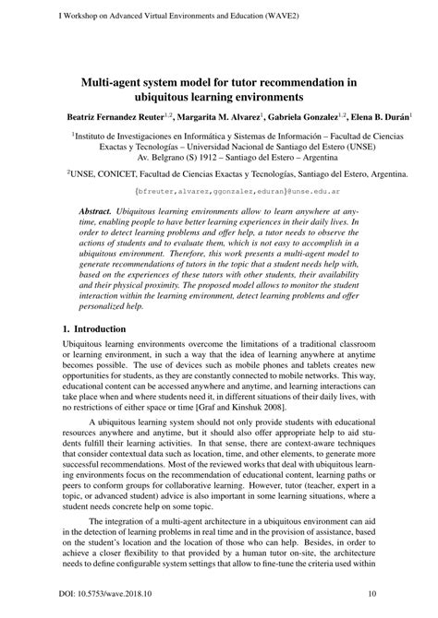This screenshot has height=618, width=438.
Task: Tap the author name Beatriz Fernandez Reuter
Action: [x=115, y=117]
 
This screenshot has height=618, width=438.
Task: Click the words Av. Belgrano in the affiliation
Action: [x=159, y=158]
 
